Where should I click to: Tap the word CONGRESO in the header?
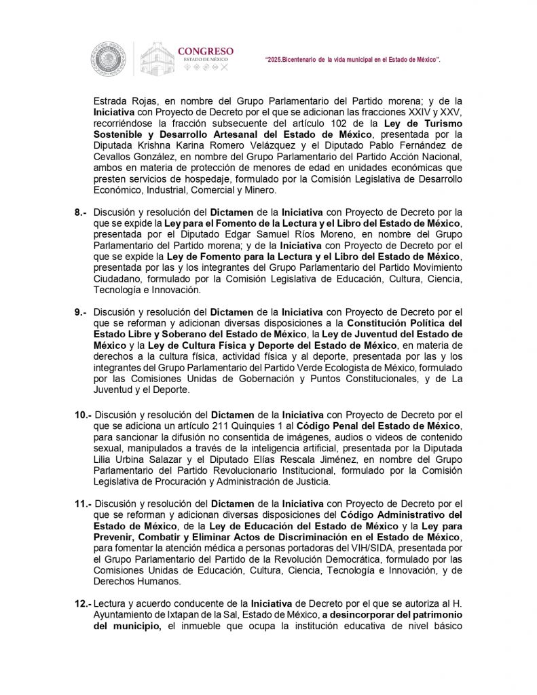coord(205,51)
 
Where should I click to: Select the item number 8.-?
coord(80,213)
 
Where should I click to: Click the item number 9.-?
coord(80,312)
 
